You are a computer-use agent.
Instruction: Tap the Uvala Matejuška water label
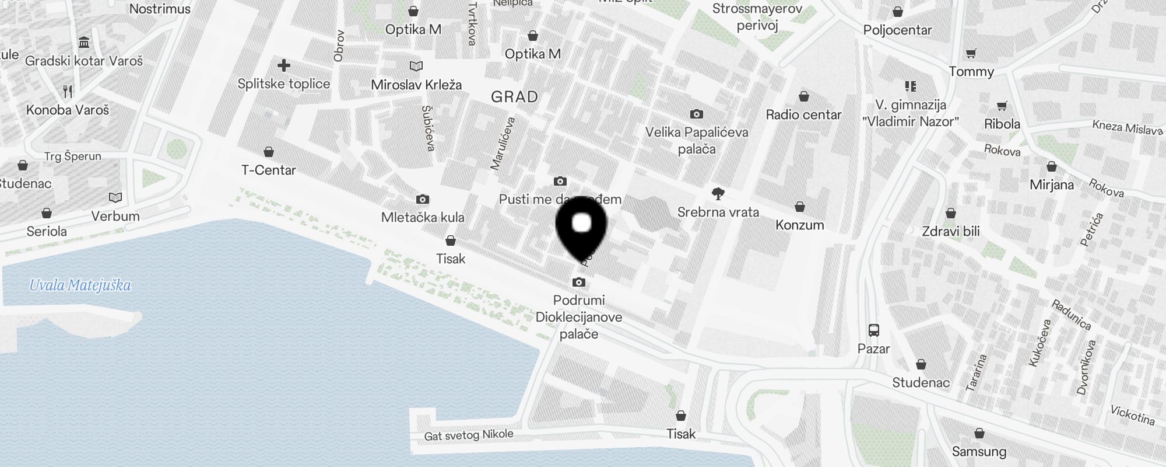point(80,285)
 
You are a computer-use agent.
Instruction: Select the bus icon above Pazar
point(873,330)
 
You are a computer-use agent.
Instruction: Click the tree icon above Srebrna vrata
point(718,194)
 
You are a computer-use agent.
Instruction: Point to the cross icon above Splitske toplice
point(284,65)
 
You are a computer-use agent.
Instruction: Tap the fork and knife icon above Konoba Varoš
point(68,91)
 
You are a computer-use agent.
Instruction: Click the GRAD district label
point(514,97)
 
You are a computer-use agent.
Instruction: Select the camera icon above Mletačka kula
point(423,200)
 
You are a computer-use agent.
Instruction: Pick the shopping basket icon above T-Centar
point(269,152)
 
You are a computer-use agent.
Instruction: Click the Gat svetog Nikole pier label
point(469,435)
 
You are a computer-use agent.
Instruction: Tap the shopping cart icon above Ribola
point(1002,106)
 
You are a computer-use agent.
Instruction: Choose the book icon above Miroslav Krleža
point(416,67)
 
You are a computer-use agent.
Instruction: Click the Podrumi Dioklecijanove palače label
point(579,317)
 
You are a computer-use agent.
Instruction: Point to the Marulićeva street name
point(503,144)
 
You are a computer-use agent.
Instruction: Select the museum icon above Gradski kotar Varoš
point(83,43)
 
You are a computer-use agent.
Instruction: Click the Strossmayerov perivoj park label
point(757,17)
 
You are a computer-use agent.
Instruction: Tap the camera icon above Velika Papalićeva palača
point(696,114)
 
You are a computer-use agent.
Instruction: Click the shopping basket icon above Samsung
point(979,433)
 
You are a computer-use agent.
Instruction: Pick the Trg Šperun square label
point(73,156)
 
